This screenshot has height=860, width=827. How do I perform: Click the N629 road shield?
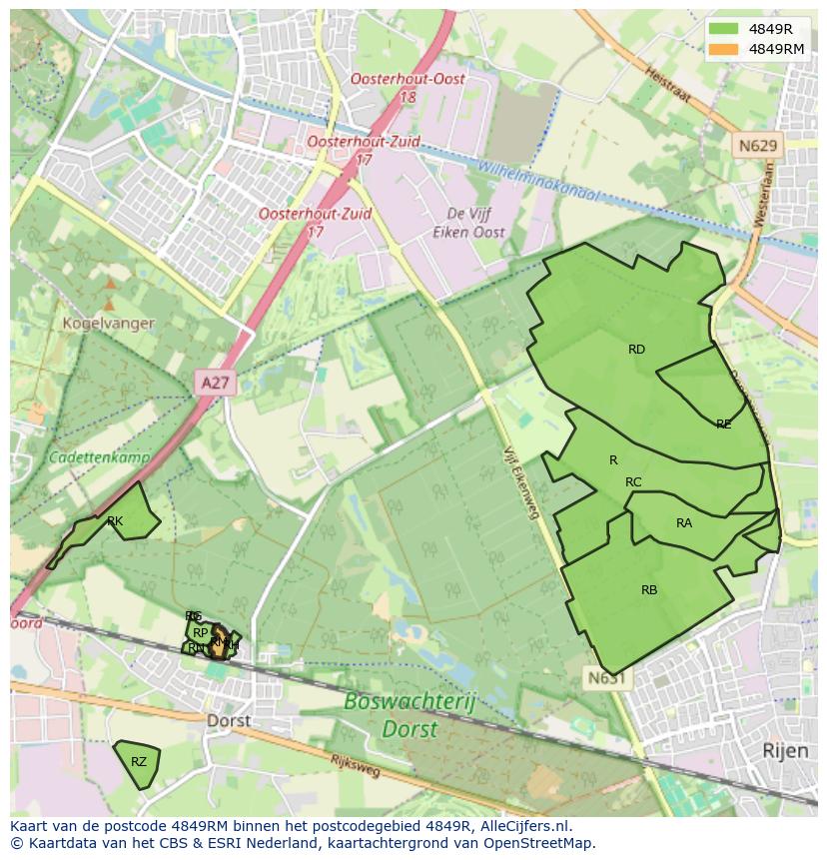coord(757,147)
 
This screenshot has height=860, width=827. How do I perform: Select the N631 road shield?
coord(605,678)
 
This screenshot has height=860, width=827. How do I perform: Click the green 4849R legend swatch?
coord(723,29)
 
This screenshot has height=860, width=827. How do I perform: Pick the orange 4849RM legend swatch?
coord(723,49)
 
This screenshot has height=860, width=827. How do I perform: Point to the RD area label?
coord(636,350)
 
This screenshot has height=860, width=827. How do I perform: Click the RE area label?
coord(723,425)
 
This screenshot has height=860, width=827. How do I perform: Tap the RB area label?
coord(649,590)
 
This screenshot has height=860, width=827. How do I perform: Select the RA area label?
coord(684,523)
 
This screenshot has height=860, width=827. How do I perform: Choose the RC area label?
coord(633,482)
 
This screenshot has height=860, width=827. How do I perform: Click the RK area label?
coord(115,521)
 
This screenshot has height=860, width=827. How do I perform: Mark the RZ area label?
coord(139,762)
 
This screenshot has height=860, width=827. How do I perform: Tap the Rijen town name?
coord(784,749)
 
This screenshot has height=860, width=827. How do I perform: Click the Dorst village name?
coord(229,720)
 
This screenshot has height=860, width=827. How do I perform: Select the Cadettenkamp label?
coord(100,457)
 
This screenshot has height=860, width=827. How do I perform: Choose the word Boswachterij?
coord(410,702)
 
